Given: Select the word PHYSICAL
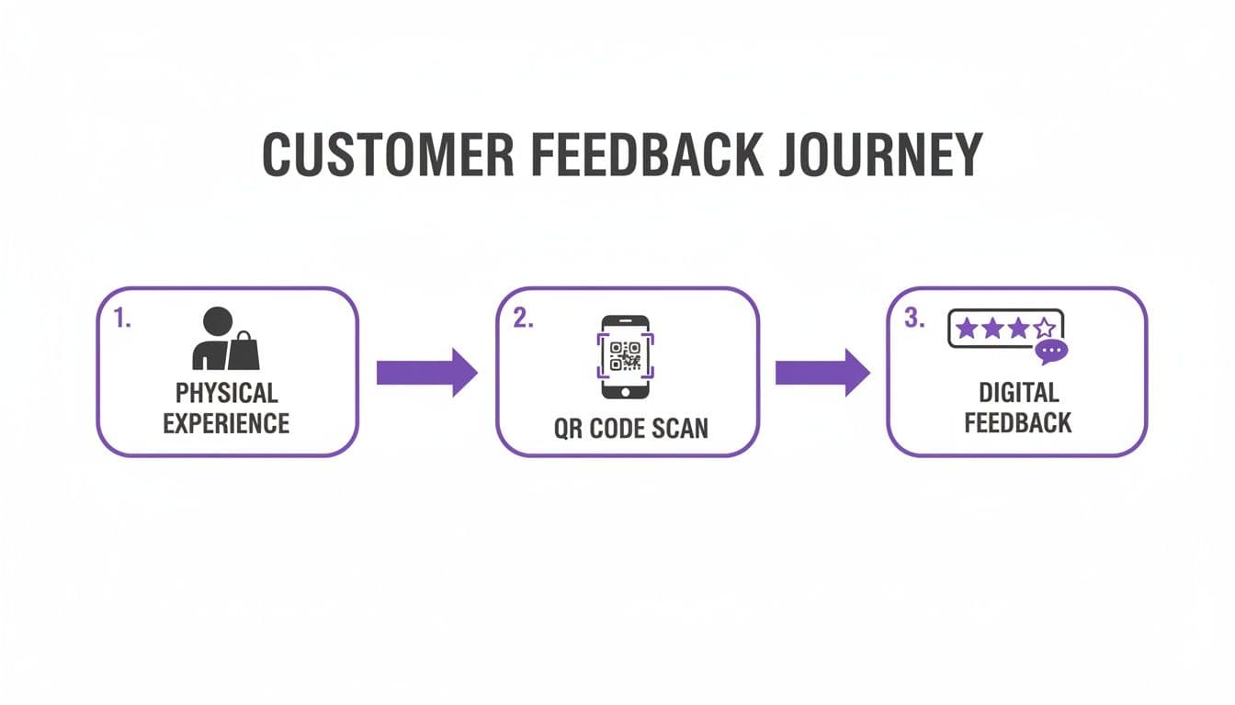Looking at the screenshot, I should pos(226,393).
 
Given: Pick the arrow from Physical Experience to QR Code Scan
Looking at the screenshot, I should pos(426,372).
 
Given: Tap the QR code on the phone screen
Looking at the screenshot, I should pos(625,354).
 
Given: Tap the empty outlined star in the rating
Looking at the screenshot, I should pos(1044,329).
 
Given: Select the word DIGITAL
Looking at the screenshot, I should pos(1018,393).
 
